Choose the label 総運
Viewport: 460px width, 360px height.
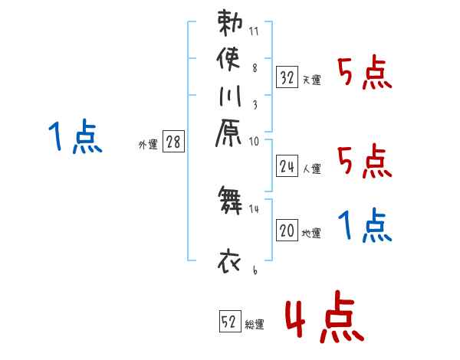[x=255, y=325]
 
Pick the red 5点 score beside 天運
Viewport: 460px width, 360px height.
[x=364, y=73]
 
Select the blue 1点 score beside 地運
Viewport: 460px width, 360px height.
[x=364, y=226]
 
